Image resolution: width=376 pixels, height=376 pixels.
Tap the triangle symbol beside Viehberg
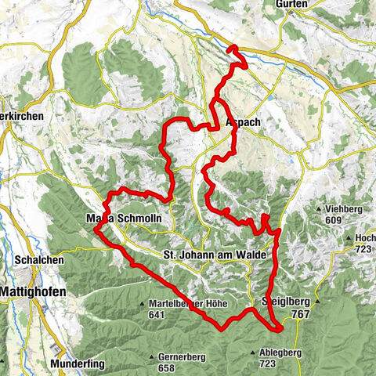click(x=317, y=210)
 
